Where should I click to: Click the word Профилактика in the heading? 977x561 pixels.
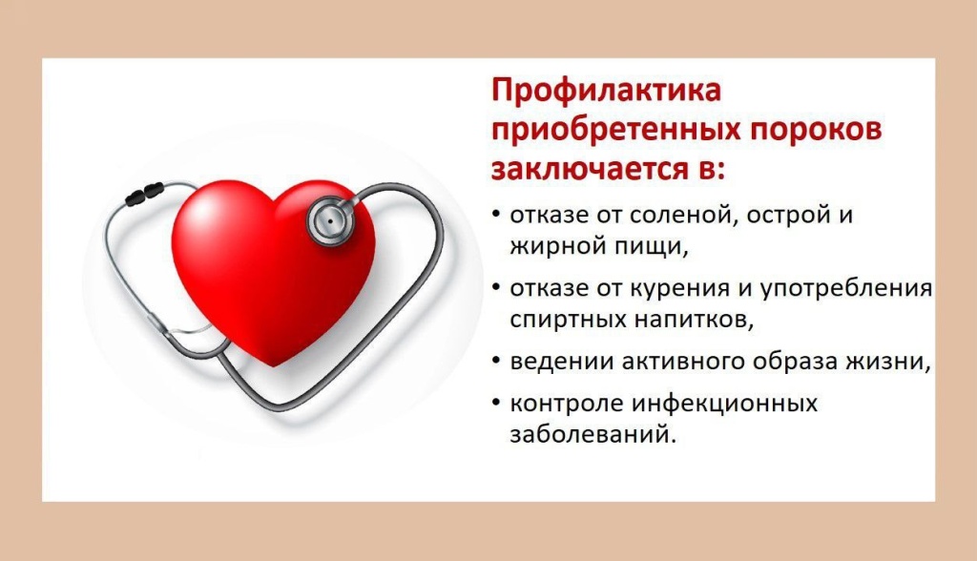click(x=606, y=91)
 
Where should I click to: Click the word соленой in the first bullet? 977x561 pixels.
click(x=683, y=215)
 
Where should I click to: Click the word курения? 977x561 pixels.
click(x=682, y=289)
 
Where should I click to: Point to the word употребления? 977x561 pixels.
click(x=846, y=289)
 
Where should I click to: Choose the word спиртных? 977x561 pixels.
click(x=568, y=321)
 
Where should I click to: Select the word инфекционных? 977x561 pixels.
click(x=725, y=404)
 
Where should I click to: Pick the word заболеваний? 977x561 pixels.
click(x=592, y=434)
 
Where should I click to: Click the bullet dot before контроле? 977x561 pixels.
click(x=496, y=403)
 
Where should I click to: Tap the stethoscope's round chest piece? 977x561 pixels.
click(x=329, y=220)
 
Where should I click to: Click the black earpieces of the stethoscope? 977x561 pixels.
click(x=145, y=194)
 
